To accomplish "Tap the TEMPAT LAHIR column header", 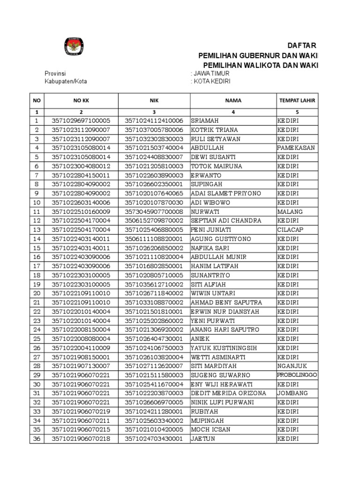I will pyautogui.click(x=297, y=100).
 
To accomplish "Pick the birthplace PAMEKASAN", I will pyautogui.click(x=296, y=148).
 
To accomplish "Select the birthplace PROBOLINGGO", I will pyautogui.click(x=296, y=375).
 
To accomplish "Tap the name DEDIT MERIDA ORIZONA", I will pyautogui.click(x=228, y=393).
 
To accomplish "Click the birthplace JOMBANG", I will pyautogui.click(x=292, y=393).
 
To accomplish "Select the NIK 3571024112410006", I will pyautogui.click(x=154, y=120).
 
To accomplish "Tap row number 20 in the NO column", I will pyautogui.click(x=36, y=293).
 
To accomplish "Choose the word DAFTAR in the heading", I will pyautogui.click(x=302, y=45).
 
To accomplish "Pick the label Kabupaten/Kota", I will pyautogui.click(x=66, y=81).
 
